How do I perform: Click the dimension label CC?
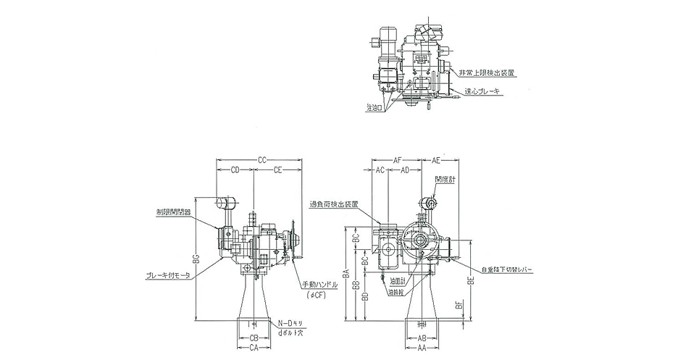[x=262, y=159]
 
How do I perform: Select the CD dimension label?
[x=235, y=170]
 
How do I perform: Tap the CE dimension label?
[x=279, y=170]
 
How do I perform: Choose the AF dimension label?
[x=398, y=159]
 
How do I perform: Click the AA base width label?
[x=421, y=348]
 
